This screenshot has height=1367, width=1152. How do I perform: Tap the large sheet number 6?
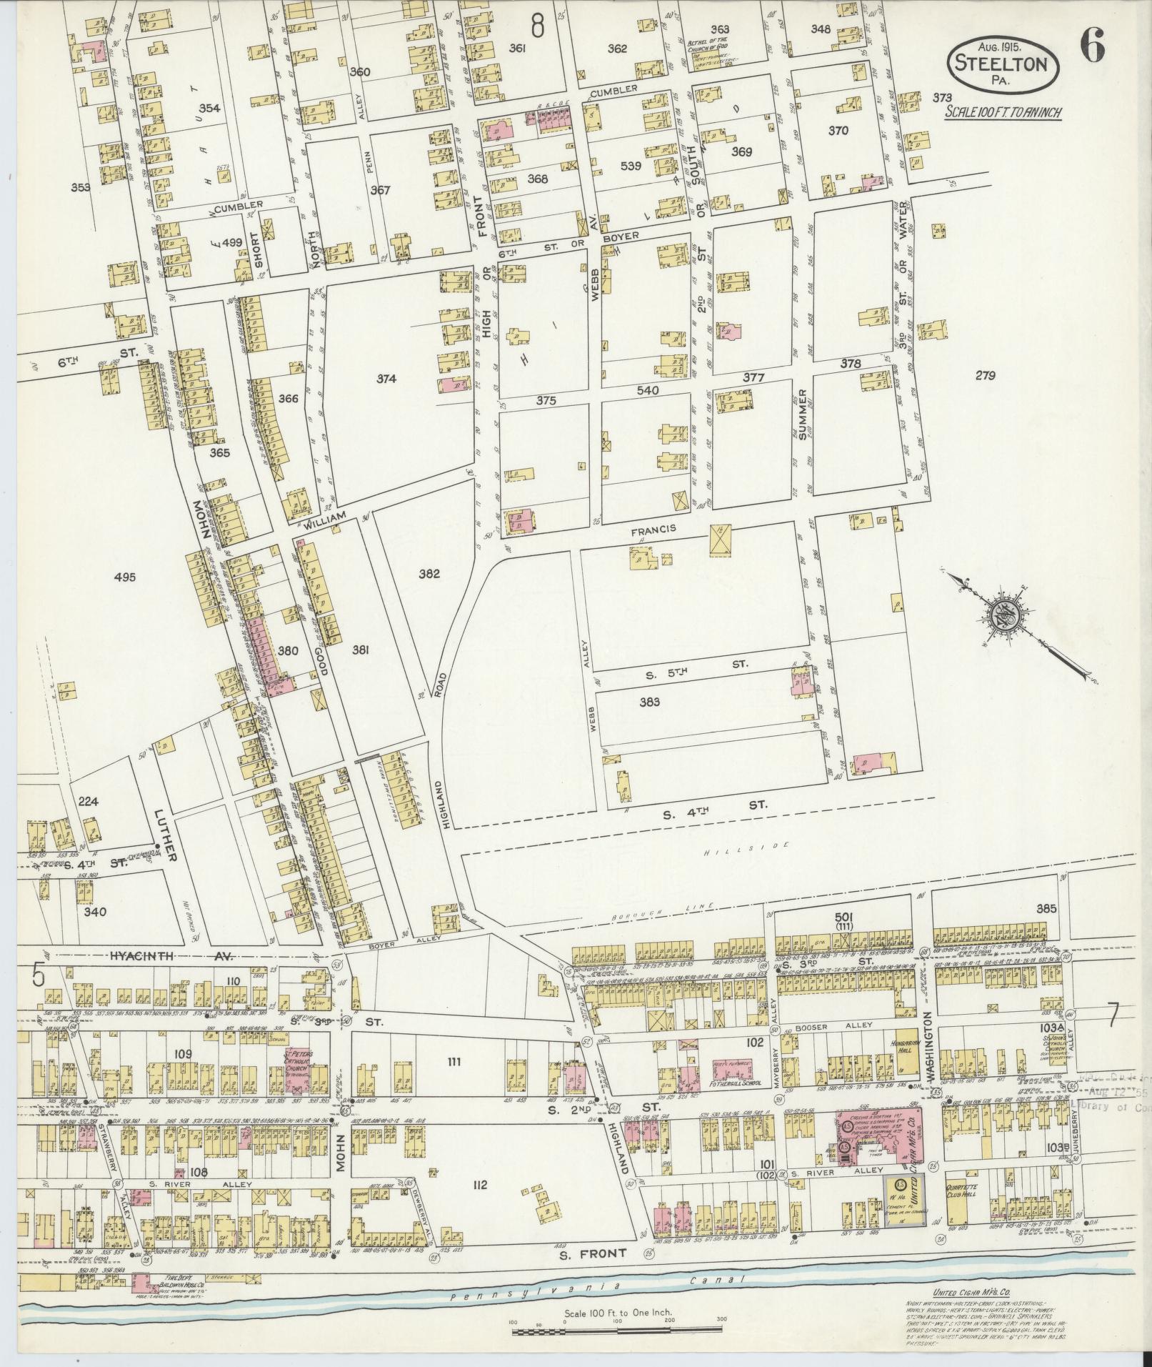click(x=1092, y=48)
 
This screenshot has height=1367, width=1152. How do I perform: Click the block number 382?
click(x=429, y=573)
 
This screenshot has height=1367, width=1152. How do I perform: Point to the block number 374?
click(x=386, y=379)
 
